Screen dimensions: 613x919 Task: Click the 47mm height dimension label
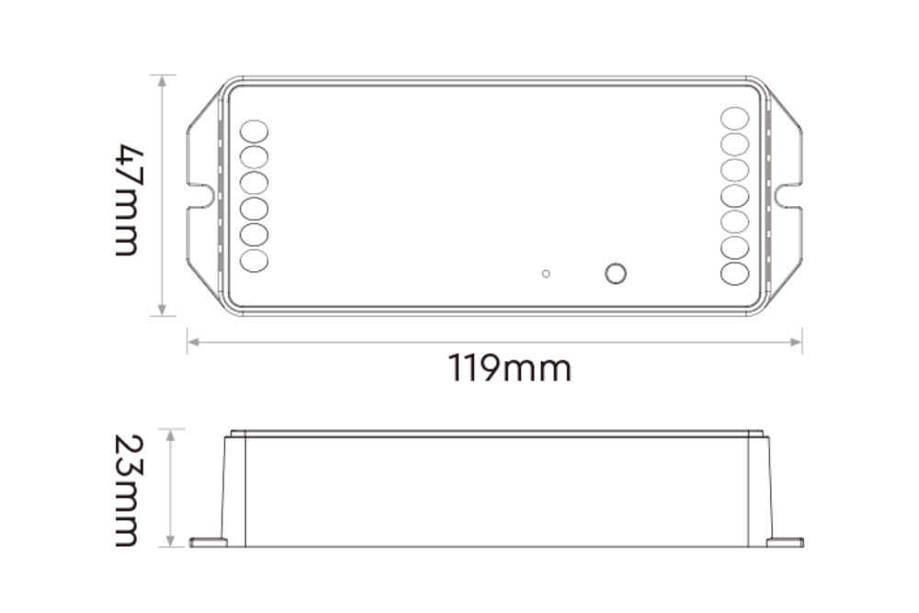pos(128,199)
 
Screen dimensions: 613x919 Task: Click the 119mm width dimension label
pos(510,369)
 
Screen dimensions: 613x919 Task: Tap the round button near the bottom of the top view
pos(616,273)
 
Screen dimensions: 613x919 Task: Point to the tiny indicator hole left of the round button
pos(546,273)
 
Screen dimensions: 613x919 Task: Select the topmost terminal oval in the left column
pos(254,131)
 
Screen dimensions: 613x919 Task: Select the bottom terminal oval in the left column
pos(254,260)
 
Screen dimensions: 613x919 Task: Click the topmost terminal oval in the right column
pos(735,119)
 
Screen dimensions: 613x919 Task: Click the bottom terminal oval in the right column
pos(735,273)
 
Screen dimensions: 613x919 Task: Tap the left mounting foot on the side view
pos(208,542)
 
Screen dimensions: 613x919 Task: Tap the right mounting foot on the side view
pos(784,542)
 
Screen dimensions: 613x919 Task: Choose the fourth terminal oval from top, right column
pos(735,196)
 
